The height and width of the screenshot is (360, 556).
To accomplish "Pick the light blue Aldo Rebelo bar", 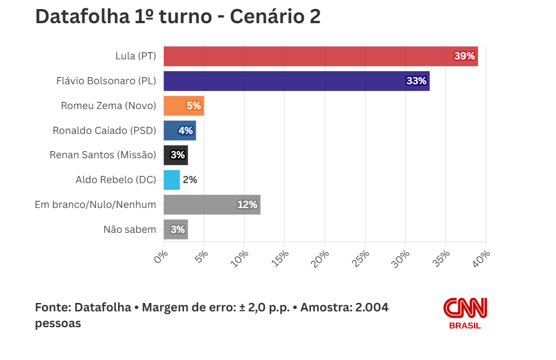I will pos(171,180).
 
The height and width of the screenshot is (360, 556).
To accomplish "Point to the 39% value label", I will pos(464,56).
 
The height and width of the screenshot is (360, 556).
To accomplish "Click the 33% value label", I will pos(416,81).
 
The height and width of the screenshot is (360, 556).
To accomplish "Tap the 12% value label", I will pos(247,205).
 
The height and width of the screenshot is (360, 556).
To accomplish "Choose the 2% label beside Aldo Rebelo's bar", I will pos(190,180).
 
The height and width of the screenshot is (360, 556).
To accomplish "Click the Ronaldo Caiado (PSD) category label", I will pos(104,131).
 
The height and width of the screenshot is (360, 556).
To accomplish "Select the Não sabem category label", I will pos(130,229).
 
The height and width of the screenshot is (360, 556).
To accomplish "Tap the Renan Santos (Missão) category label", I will pos(103,155).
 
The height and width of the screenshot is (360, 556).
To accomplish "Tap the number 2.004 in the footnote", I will pos(371,307).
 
